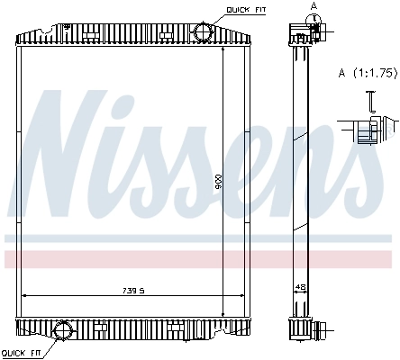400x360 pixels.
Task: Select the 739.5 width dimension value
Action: click(x=132, y=290)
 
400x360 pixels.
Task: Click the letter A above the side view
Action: click(x=313, y=5)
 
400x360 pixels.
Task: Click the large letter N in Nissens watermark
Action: click(x=68, y=153)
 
